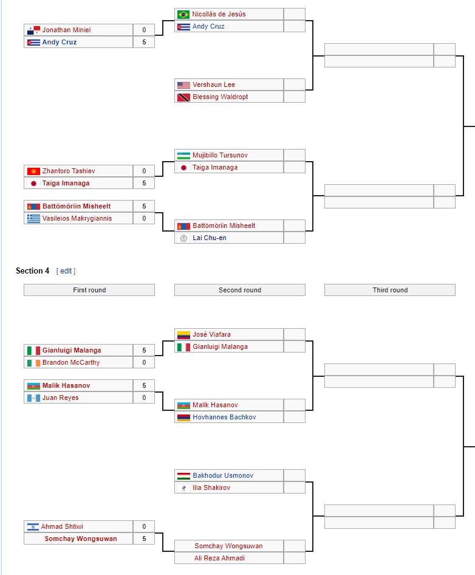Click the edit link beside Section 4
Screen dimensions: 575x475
pyautogui.click(x=66, y=271)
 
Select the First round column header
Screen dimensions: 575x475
pyautogui.click(x=89, y=291)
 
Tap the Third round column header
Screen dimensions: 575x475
pyautogui.click(x=390, y=291)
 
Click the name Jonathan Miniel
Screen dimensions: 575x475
pyautogui.click(x=66, y=30)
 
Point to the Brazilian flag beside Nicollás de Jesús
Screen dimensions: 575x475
pyautogui.click(x=183, y=14)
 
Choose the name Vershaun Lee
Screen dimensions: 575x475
pyautogui.click(x=214, y=84)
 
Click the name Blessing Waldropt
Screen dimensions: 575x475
pyautogui.click(x=220, y=97)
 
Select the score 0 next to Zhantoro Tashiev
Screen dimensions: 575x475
pyautogui.click(x=144, y=171)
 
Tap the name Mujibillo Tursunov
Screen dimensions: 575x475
pyautogui.click(x=220, y=155)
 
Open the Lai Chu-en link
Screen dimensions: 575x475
pyautogui.click(x=210, y=238)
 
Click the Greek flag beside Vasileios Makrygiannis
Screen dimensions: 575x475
pyautogui.click(x=33, y=218)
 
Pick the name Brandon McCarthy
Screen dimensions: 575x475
pyautogui.click(x=71, y=362)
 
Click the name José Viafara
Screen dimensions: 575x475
pyautogui.click(x=211, y=334)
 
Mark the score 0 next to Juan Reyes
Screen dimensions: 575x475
pyautogui.click(x=144, y=398)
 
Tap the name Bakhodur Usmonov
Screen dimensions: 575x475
pyautogui.click(x=223, y=475)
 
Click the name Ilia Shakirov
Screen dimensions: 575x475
pyautogui.click(x=211, y=487)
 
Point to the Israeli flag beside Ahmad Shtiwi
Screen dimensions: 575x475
pyautogui.click(x=33, y=526)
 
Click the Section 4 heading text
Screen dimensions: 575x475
pyautogui.click(x=33, y=271)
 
